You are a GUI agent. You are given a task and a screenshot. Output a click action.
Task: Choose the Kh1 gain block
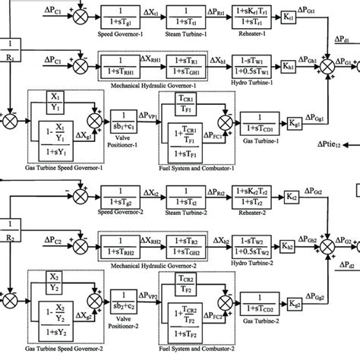pyautogui.click(x=289, y=65)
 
